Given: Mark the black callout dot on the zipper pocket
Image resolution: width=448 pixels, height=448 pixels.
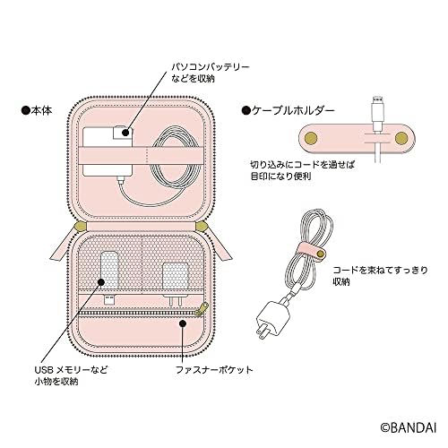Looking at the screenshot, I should click(183, 322).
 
